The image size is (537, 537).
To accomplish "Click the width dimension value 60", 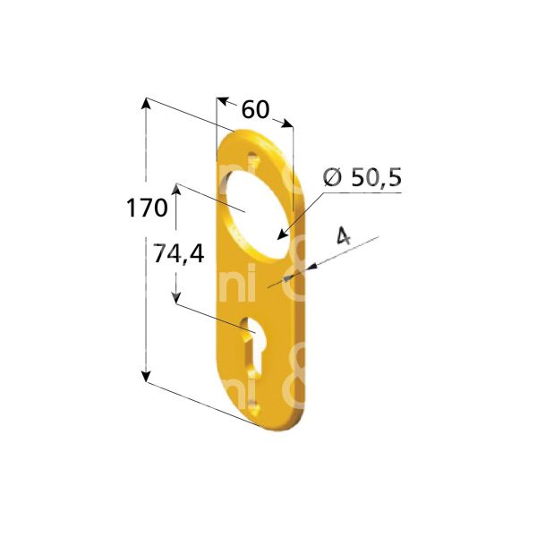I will [x=255, y=110].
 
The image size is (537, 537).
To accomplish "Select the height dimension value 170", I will [x=147, y=209].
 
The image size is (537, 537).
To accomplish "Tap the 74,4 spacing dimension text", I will [x=178, y=254].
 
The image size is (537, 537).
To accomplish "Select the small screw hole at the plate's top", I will [x=252, y=160].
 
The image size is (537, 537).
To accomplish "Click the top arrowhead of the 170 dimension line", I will [x=145, y=104].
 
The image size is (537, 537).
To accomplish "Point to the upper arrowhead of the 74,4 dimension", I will [x=176, y=191].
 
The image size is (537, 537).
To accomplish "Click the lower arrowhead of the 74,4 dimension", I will [x=176, y=298].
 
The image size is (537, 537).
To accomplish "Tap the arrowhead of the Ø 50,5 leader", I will [x=283, y=236].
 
